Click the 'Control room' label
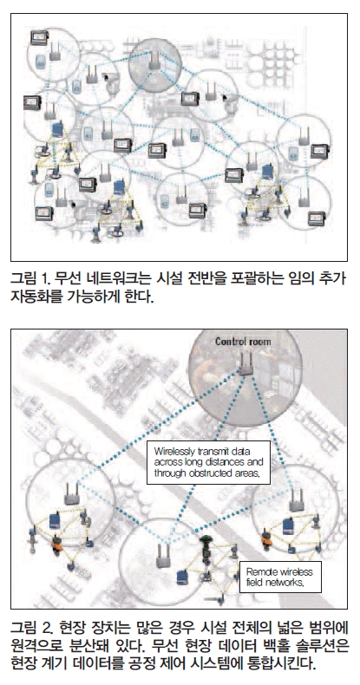click(x=243, y=342)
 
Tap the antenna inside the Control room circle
click(x=245, y=364)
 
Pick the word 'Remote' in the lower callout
click(x=259, y=572)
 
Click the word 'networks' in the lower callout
click(x=285, y=584)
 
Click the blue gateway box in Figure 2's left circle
click(x=54, y=521)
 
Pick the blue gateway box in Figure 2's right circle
click(x=287, y=526)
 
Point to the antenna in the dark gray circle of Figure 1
click(x=154, y=61)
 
